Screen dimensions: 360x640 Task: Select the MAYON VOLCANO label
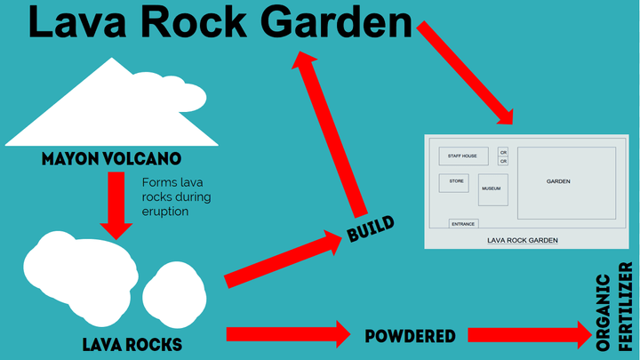(x=111, y=160)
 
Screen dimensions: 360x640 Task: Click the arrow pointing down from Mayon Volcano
(x=113, y=204)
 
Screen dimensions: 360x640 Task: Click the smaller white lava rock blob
(x=173, y=293)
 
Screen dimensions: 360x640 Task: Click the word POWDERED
(x=411, y=336)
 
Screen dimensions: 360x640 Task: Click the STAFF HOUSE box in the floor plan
(x=463, y=156)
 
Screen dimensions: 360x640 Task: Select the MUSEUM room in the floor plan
(x=492, y=189)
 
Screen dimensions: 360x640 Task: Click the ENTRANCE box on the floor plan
(x=463, y=224)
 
